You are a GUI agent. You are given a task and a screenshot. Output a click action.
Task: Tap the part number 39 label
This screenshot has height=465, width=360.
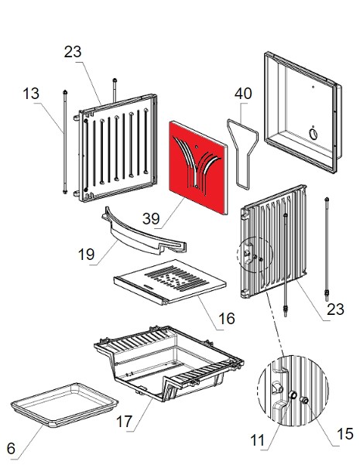pyautogui.click(x=151, y=219)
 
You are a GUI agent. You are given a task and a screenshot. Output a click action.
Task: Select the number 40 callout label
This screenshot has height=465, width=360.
pyautogui.click(x=243, y=94)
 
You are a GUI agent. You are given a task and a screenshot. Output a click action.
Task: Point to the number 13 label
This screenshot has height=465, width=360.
pyautogui.click(x=31, y=94)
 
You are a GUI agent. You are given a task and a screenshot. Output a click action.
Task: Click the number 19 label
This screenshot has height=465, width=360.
pyautogui.click(x=87, y=255)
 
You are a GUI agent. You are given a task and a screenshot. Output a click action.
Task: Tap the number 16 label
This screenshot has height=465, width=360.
pyautogui.click(x=226, y=319)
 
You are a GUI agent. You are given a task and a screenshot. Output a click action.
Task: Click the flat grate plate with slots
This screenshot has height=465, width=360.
pyautogui.click(x=170, y=282)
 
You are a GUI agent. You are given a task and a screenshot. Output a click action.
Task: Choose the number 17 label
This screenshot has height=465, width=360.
pyautogui.click(x=124, y=421)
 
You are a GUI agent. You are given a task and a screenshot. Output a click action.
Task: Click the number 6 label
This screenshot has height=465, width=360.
pyautogui.click(x=11, y=449)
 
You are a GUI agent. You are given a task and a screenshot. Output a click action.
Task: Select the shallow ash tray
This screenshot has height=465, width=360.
pyautogui.click(x=64, y=405)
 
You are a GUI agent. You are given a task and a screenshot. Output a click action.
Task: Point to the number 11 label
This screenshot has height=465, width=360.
pyautogui.click(x=257, y=440)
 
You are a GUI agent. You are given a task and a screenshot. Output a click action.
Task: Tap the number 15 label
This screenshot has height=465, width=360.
pyautogui.click(x=345, y=434)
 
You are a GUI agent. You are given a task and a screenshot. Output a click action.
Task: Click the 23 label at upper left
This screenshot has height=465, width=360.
pyautogui.click(x=73, y=52)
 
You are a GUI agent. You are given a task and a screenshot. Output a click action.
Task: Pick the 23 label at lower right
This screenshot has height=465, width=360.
pyautogui.click(x=336, y=309)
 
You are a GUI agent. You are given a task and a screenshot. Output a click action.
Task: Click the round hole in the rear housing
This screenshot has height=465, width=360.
pyautogui.click(x=313, y=134)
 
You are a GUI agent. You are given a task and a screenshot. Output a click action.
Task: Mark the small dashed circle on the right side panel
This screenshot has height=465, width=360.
pyautogui.click(x=255, y=255)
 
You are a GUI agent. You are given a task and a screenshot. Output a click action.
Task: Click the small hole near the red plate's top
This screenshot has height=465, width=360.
pyautogui.click(x=197, y=146)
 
